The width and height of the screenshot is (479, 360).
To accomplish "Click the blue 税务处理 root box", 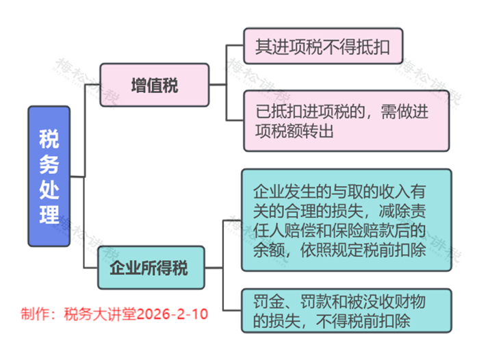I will (49, 176).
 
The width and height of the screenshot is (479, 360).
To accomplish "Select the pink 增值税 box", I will (154, 86).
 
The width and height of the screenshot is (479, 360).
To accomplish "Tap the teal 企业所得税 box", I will (151, 267).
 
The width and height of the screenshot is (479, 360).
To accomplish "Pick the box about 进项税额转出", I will (347, 120).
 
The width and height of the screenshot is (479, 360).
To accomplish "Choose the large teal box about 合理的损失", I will (347, 220).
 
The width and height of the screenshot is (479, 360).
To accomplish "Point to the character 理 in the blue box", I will (49, 214).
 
